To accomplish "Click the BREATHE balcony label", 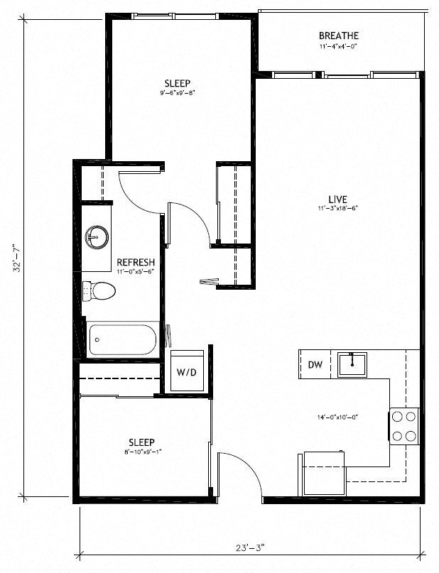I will pyautogui.click(x=338, y=36).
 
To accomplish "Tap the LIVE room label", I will pyautogui.click(x=337, y=198).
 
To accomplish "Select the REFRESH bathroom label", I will pyautogui.click(x=136, y=262).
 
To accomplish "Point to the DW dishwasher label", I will pyautogui.click(x=315, y=365).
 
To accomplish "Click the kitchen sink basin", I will pyautogui.click(x=352, y=364).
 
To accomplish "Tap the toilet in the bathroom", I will pyautogui.click(x=99, y=290).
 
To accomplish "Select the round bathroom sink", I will pyautogui.click(x=96, y=237).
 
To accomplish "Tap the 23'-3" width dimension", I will pyautogui.click(x=252, y=547).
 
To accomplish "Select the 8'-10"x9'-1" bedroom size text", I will pyautogui.click(x=141, y=452).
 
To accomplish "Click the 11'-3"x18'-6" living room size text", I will pyautogui.click(x=337, y=209).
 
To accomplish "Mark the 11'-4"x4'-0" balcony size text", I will pyautogui.click(x=338, y=47).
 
